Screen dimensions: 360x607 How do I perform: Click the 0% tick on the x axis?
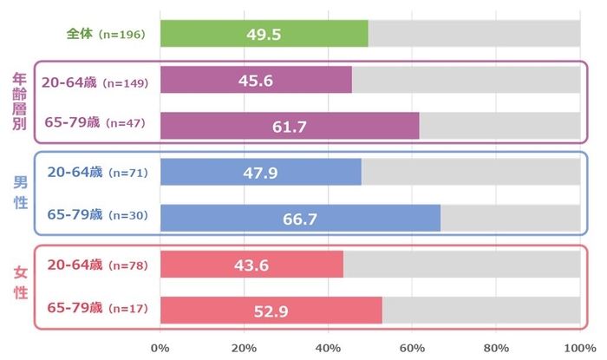160,349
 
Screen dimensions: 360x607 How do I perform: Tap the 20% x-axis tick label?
244,349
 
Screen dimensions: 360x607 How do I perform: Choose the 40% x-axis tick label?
328,349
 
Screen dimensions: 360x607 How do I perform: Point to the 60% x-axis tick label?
412,349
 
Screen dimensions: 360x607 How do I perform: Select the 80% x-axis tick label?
495,349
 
